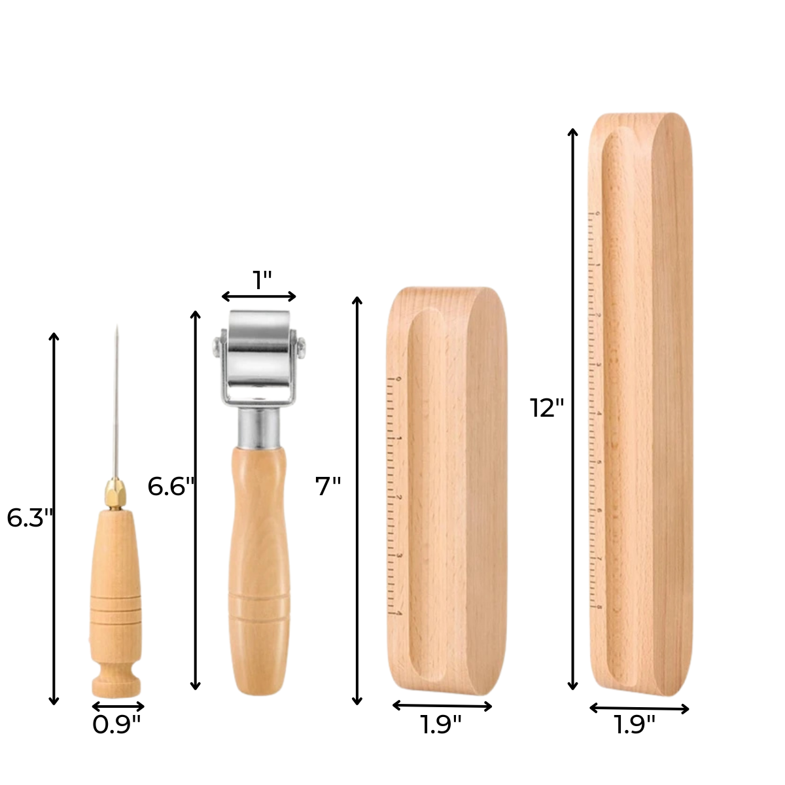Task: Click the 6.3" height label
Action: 29,517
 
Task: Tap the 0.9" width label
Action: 116,725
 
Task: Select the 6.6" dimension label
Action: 171,486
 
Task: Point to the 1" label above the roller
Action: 262,280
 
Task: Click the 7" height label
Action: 328,486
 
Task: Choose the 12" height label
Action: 547,408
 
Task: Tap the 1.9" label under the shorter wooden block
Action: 440,725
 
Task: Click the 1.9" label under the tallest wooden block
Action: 635,725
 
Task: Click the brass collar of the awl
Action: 116,494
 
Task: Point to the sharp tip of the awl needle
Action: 116,327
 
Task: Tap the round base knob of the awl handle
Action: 116,684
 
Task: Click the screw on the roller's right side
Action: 302,347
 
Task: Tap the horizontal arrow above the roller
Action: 259,297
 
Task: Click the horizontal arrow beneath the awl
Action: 118,706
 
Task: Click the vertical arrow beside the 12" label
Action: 573,408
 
